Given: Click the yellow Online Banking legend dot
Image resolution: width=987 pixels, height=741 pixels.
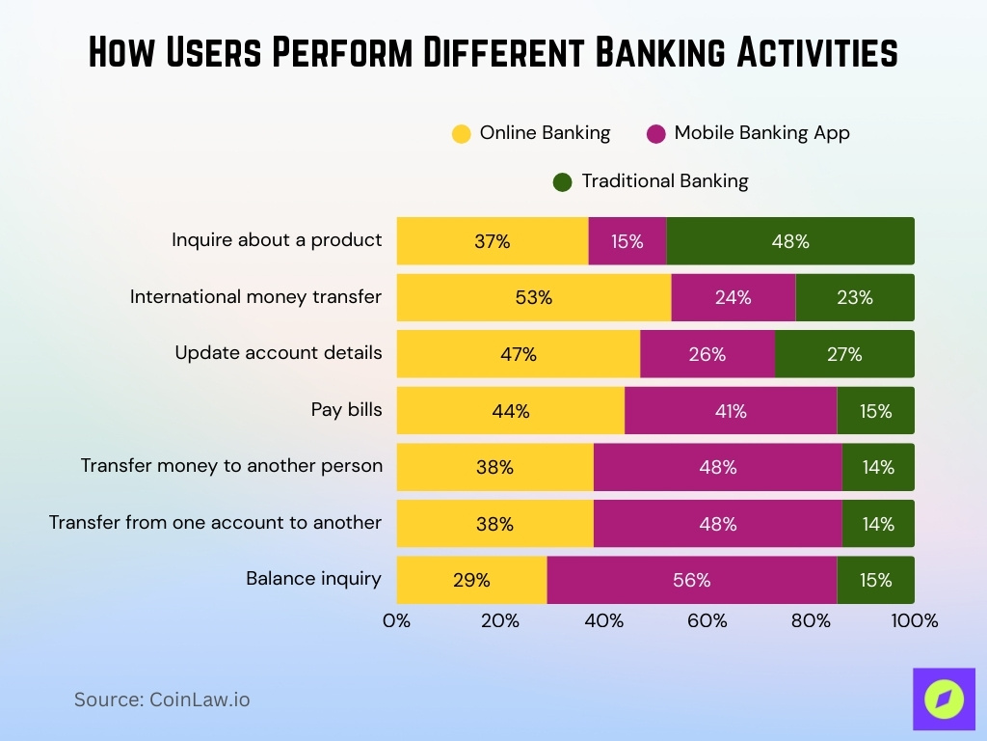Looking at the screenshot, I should click(462, 134).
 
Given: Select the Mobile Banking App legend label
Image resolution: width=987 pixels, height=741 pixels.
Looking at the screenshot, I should click(761, 133).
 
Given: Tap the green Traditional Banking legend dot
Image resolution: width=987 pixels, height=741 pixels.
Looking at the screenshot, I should click(563, 181).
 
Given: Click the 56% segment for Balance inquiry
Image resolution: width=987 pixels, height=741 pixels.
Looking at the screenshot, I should click(692, 580).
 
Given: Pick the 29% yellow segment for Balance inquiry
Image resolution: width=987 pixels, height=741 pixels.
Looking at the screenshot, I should click(471, 580).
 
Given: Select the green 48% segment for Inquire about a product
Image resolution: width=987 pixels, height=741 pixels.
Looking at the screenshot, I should click(790, 241).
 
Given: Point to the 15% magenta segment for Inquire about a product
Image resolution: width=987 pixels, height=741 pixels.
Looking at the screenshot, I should click(627, 241).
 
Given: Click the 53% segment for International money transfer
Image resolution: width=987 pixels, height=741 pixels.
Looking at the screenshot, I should click(534, 297).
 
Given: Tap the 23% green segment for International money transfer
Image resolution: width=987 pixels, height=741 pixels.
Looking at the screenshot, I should click(855, 297).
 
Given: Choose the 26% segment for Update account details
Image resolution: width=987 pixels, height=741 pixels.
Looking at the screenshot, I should click(707, 354).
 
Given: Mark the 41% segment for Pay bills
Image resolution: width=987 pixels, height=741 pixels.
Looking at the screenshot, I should click(731, 411).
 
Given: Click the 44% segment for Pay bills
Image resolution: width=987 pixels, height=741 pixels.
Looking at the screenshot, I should click(511, 411).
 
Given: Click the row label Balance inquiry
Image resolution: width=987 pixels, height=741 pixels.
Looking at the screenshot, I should click(313, 579).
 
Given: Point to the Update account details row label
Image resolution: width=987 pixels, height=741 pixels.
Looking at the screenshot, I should click(278, 353).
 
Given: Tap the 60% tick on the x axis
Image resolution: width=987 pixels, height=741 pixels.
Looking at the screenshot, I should click(707, 621).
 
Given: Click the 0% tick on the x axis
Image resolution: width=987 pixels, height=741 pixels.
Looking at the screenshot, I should click(397, 621).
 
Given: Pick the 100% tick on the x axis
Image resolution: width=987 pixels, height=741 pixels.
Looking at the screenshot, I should click(914, 621).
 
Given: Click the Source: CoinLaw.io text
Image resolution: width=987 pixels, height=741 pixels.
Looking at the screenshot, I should click(162, 700).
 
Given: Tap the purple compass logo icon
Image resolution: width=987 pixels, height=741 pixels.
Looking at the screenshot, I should click(944, 699).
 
